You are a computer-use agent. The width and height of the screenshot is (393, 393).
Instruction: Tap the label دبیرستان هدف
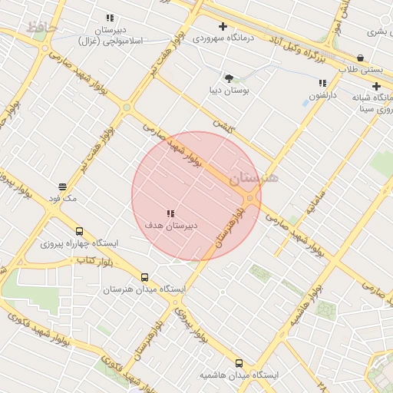[x=170, y=226]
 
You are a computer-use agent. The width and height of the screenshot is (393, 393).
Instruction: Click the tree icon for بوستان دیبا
[x=228, y=78]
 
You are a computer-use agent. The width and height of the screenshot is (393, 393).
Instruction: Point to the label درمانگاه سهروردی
[x=223, y=38]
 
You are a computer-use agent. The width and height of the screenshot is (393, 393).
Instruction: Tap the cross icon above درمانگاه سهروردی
[x=223, y=26]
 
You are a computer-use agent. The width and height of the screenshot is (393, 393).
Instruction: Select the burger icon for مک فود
[x=62, y=186]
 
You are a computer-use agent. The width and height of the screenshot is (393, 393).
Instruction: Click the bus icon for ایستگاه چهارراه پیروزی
[x=79, y=231]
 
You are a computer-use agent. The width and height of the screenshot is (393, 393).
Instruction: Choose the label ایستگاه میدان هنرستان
[x=144, y=290]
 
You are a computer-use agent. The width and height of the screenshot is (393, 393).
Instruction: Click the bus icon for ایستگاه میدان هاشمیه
[x=239, y=363]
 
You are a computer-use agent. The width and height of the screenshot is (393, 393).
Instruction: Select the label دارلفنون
[x=322, y=95]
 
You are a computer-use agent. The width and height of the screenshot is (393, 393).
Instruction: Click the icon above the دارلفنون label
[x=322, y=83]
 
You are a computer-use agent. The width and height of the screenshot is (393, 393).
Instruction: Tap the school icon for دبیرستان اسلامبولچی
[x=111, y=18]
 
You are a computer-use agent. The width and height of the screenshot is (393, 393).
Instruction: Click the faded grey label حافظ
[x=41, y=28]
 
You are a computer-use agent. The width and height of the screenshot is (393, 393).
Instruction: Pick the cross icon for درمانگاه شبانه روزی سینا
[x=376, y=87]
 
